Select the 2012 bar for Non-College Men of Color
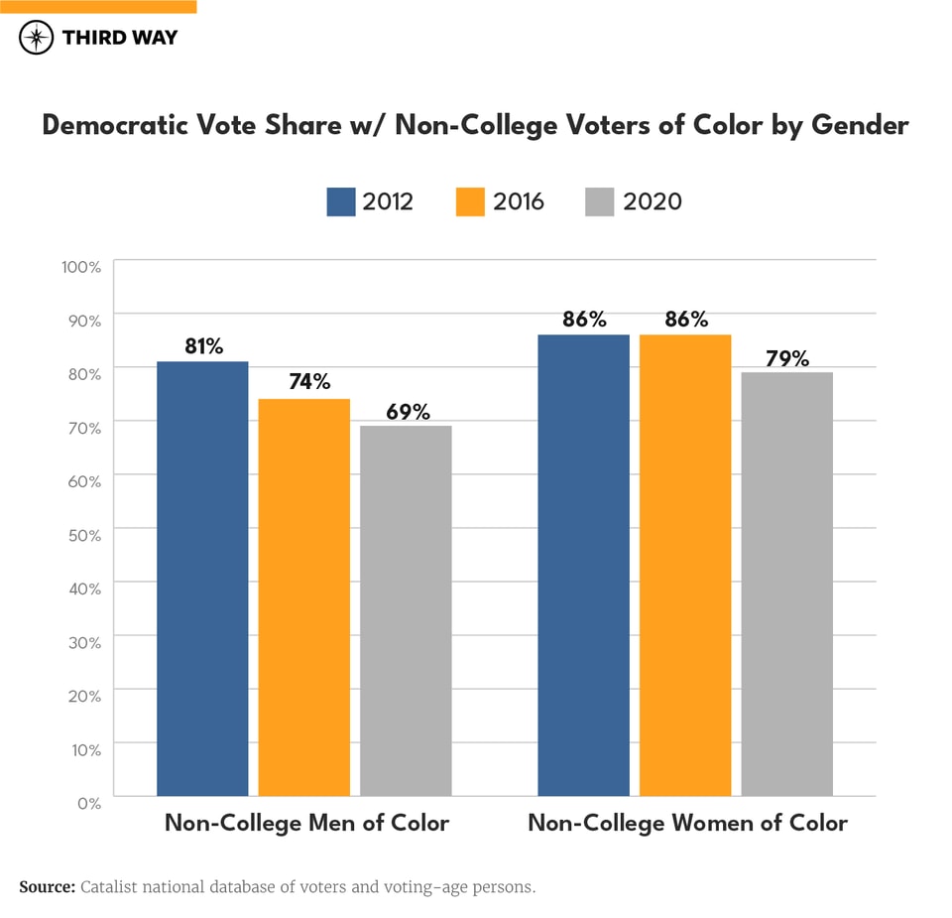click(202, 579)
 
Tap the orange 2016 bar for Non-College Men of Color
click(304, 596)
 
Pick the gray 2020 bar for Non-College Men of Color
click(406, 610)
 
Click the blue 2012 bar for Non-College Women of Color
click(583, 565)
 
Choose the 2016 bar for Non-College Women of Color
click(685, 565)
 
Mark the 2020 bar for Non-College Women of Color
click(786, 584)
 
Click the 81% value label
click(203, 346)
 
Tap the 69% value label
click(408, 411)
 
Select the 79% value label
click(787, 357)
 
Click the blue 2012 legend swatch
click(341, 201)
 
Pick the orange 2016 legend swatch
click(470, 201)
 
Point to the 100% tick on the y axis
click(81, 267)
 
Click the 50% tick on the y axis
click(84, 535)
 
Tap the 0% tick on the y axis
click(89, 803)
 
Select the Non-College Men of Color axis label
click(306, 823)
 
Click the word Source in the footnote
click(47, 886)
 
